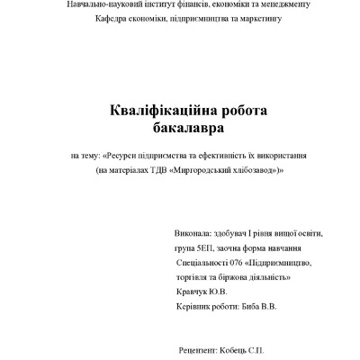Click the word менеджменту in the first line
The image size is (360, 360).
280,5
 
